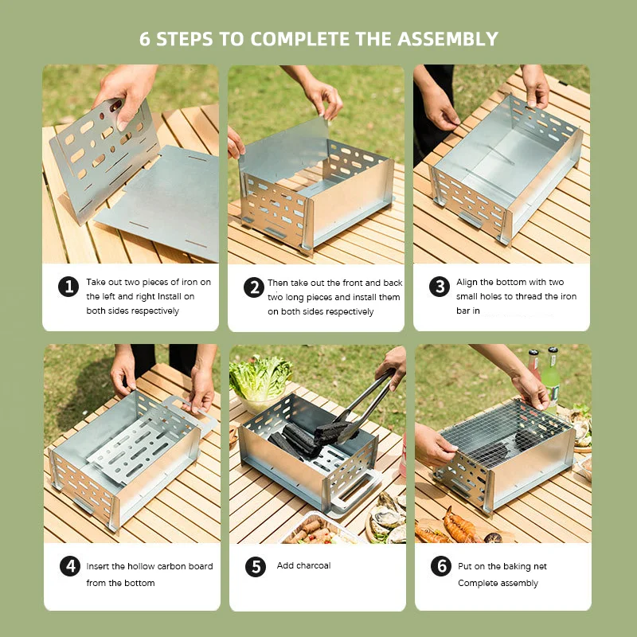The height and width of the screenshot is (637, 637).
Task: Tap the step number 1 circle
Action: click(68, 287)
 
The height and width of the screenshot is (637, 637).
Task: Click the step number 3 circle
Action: click(440, 287)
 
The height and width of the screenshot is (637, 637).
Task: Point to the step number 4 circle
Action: click(70, 566)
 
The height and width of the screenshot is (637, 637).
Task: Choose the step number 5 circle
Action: click(256, 566)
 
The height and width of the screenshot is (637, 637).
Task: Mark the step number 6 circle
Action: click(441, 566)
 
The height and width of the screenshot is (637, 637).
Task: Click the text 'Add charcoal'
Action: click(303, 566)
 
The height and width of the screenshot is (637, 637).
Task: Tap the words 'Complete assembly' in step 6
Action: click(498, 584)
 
